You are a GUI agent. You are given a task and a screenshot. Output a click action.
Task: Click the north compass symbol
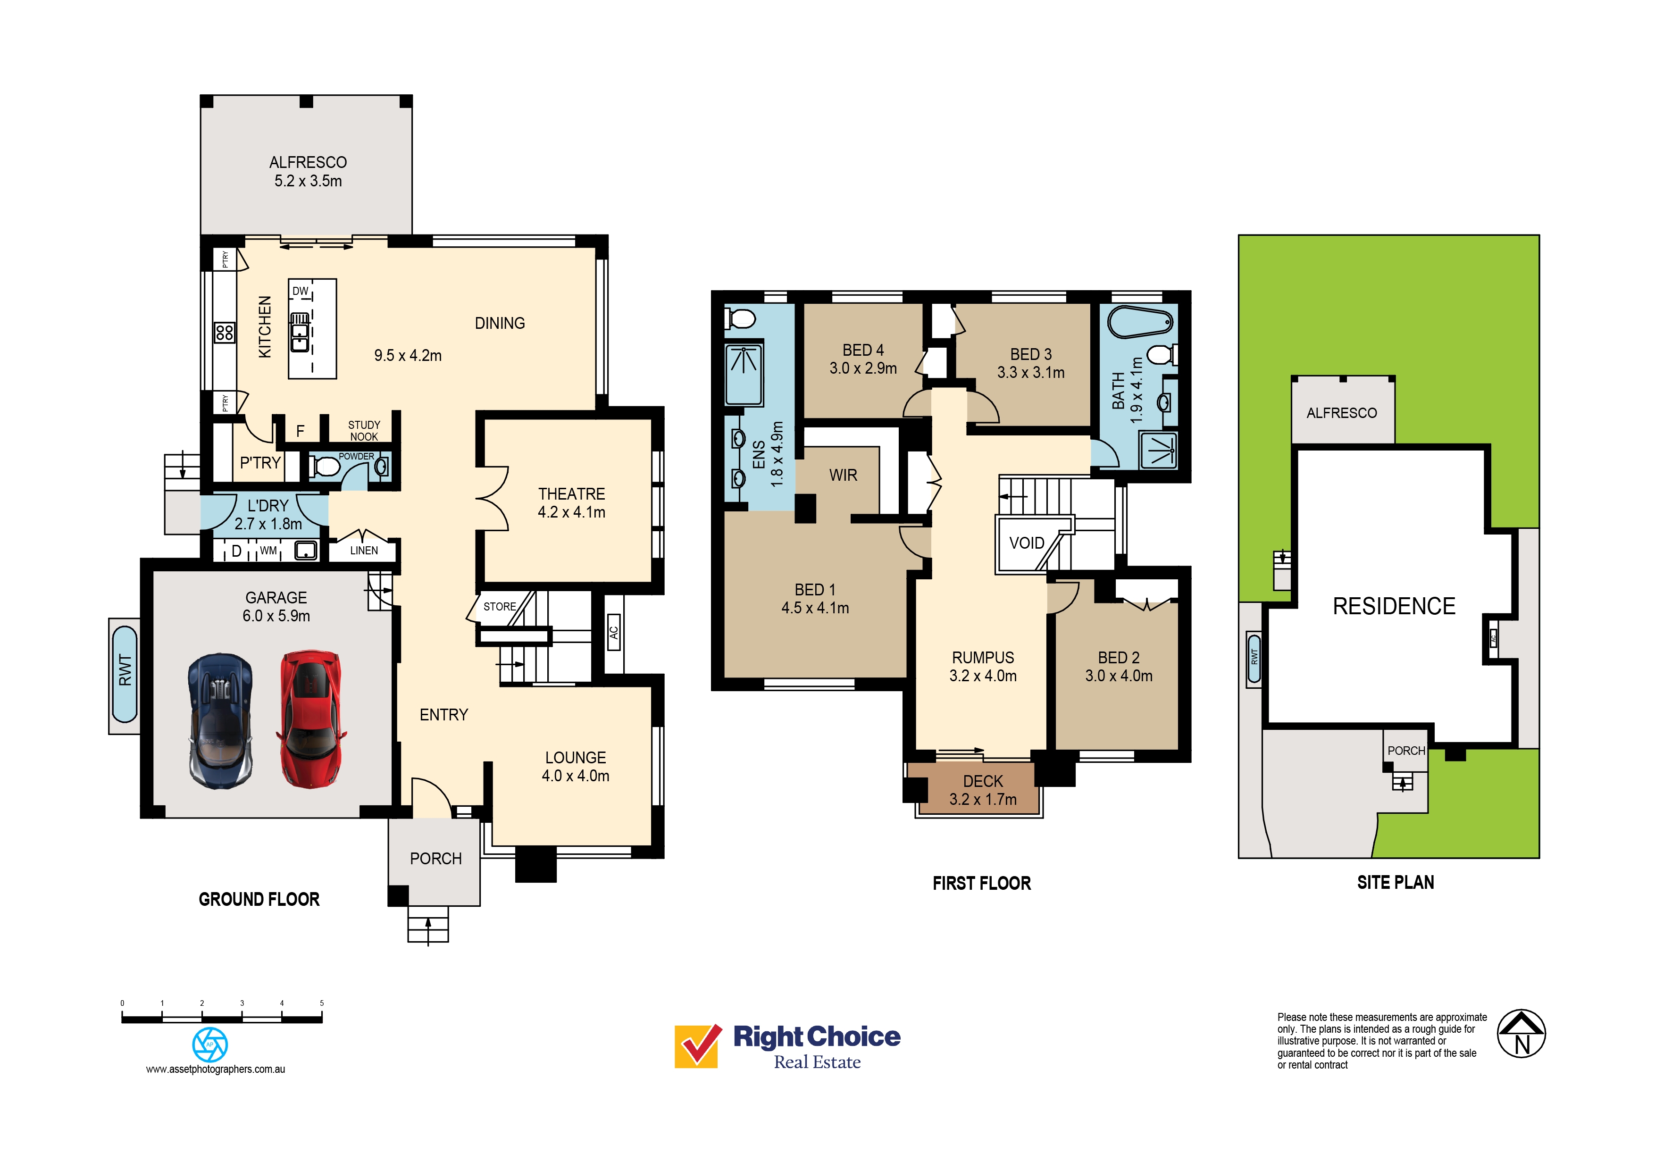click(1521, 1033)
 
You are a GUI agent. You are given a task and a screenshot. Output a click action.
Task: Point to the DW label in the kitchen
click(301, 291)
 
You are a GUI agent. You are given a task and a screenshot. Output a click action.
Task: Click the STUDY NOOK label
click(364, 430)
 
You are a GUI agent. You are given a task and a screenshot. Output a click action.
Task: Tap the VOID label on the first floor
click(1027, 543)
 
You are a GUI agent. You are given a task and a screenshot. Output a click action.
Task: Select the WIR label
click(843, 475)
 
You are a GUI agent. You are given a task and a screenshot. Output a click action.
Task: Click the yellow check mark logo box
click(697, 1046)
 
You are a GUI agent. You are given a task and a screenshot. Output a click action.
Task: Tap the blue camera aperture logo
click(210, 1045)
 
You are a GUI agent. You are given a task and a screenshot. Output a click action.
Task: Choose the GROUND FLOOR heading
click(259, 899)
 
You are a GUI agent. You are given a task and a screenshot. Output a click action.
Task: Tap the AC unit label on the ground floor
click(613, 632)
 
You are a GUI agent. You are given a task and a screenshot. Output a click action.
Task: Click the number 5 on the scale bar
click(321, 1003)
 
